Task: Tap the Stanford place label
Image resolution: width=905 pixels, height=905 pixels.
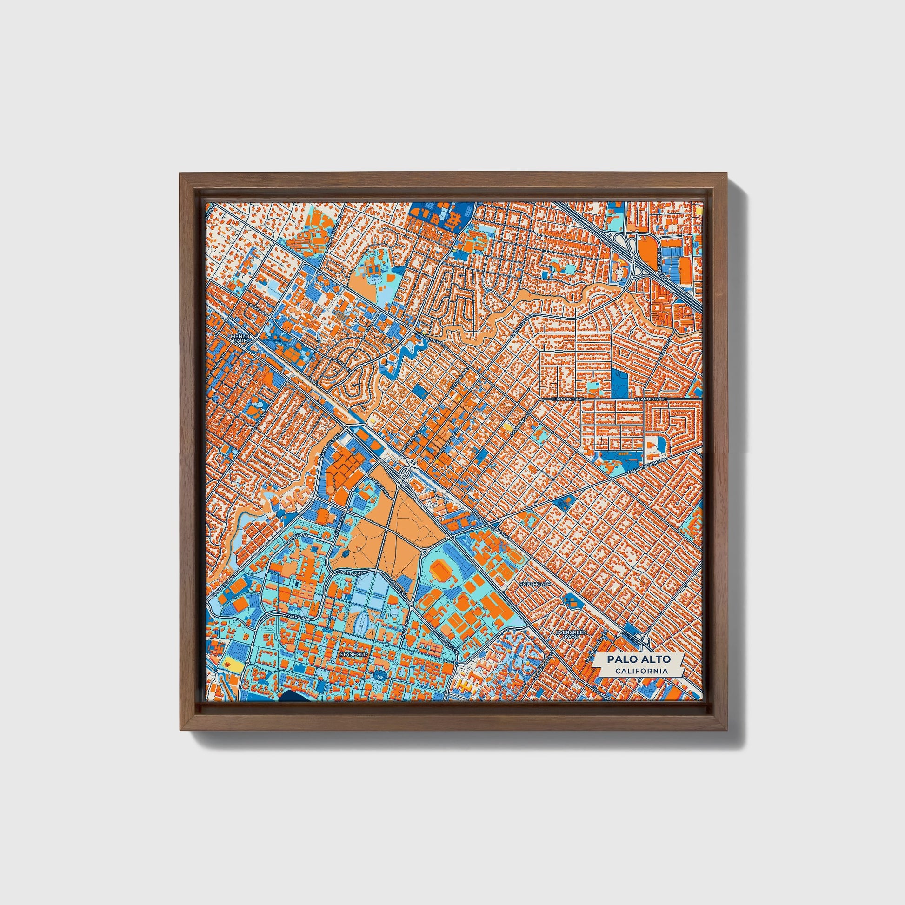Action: click(355, 653)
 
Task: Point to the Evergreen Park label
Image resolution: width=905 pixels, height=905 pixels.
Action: click(568, 635)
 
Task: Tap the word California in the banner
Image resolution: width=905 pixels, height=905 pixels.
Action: click(641, 671)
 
